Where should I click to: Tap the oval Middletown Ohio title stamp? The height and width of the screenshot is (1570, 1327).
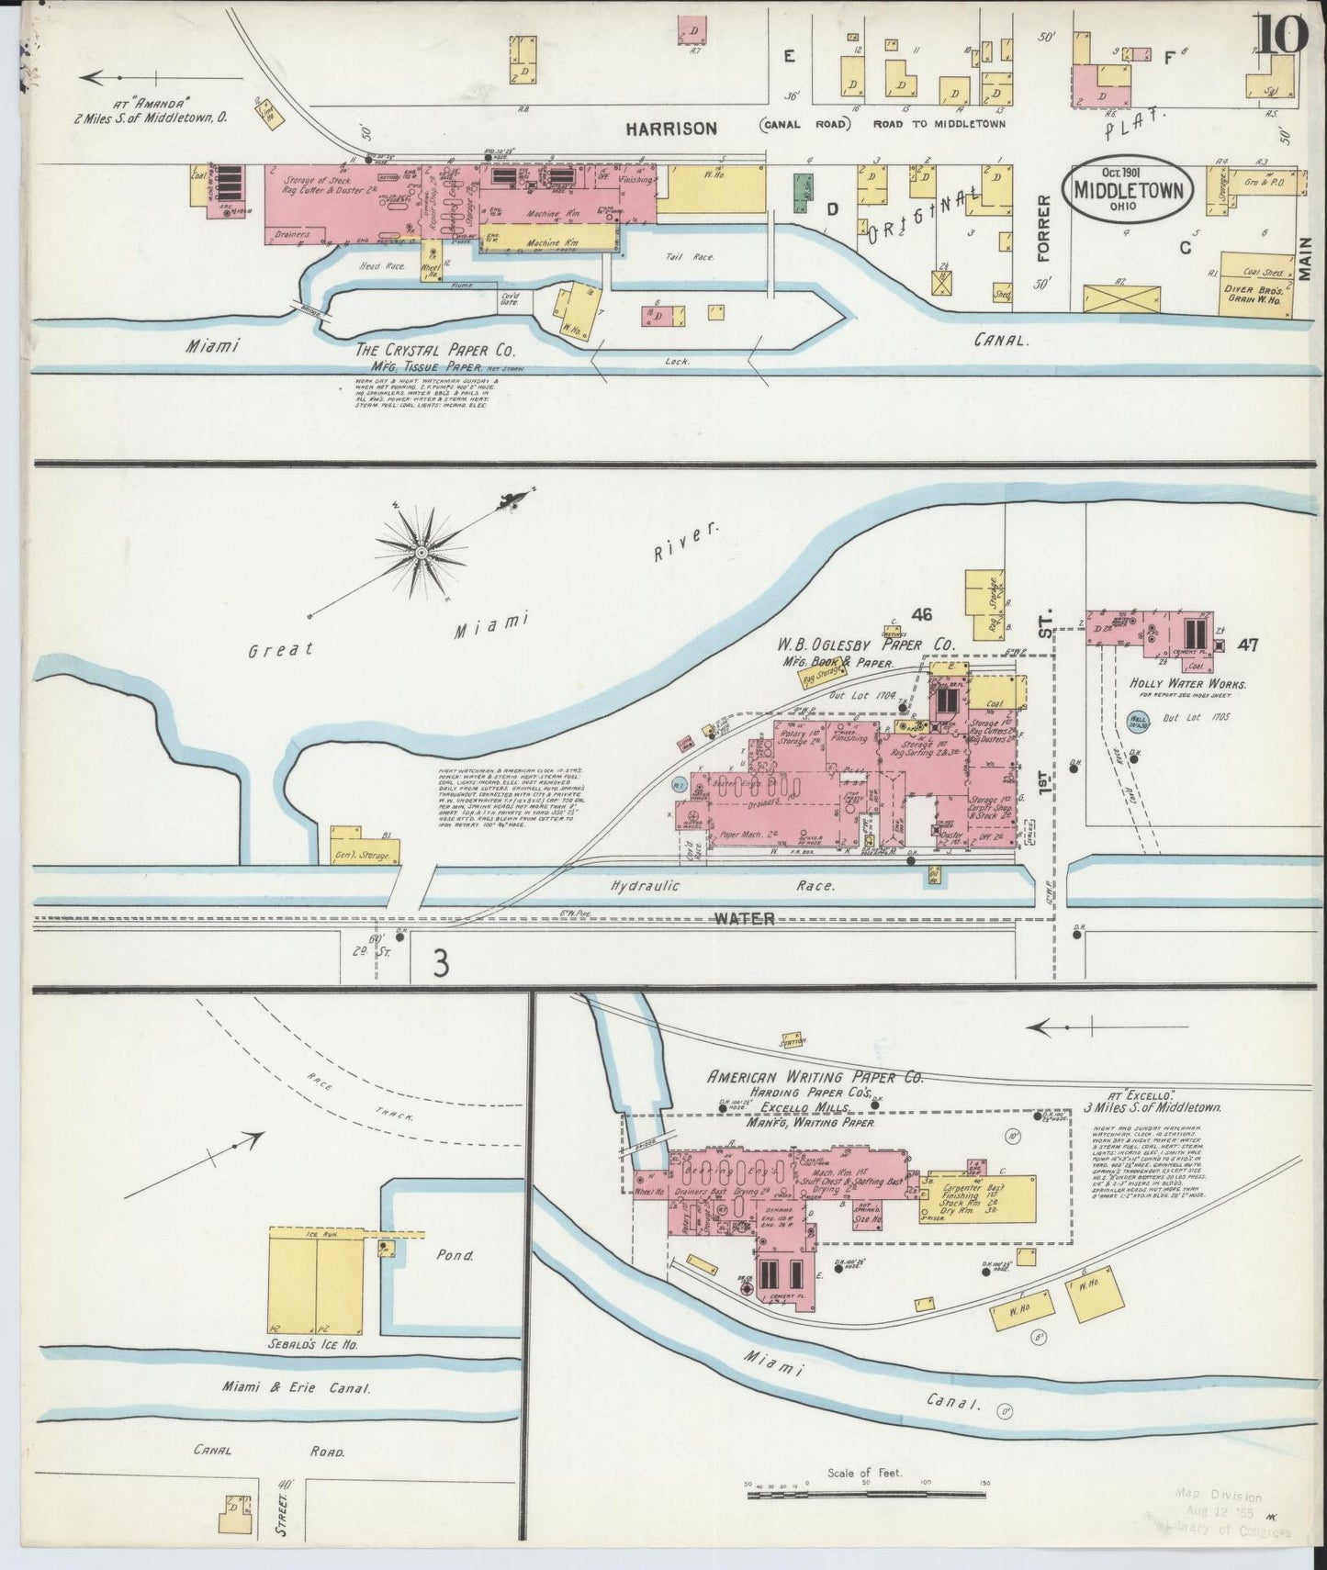pos(1127,190)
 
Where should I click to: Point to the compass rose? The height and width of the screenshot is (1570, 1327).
pos(422,552)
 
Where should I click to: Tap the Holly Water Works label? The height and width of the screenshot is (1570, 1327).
pos(1166,684)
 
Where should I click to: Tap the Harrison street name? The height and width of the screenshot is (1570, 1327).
pos(671,129)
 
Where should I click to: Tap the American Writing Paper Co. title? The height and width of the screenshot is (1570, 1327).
pos(815,1078)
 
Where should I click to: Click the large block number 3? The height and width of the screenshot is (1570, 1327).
pos(442,963)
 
